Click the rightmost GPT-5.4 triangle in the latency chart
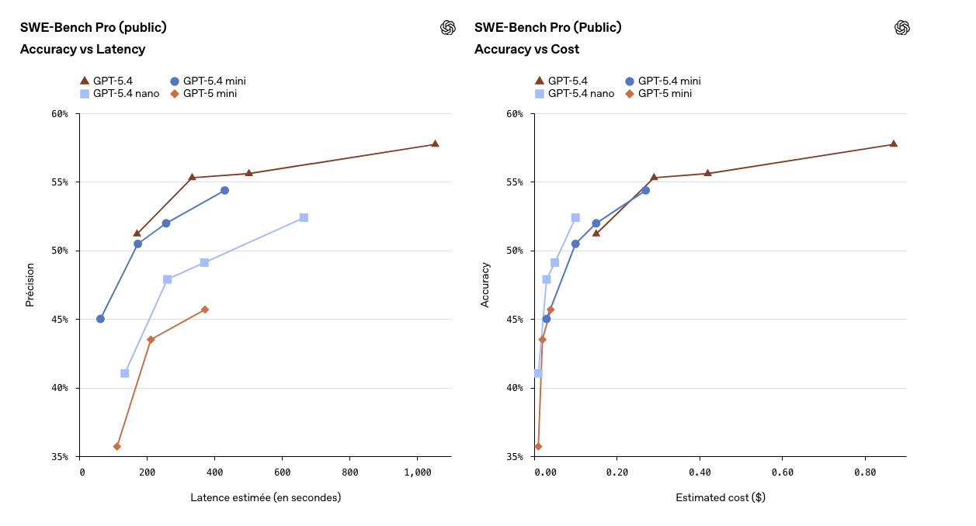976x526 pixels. (435, 144)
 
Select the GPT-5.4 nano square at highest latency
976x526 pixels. (304, 218)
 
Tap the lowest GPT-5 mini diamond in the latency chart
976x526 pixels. (117, 446)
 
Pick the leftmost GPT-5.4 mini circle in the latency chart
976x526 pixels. (100, 319)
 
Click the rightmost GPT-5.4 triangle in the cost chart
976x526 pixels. (893, 144)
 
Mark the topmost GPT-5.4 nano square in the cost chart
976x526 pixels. (575, 218)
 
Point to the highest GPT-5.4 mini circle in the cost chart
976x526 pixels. (645, 190)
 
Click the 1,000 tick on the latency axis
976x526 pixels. (418, 472)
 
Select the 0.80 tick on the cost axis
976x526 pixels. (865, 472)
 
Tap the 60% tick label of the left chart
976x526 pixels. (60, 114)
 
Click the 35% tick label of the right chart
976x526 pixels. (515, 457)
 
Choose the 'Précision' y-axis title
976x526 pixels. (30, 285)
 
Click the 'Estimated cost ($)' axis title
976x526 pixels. (720, 497)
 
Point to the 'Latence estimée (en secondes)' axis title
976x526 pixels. (266, 497)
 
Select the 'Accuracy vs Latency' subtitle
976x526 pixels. (82, 50)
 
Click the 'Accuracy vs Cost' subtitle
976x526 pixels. (526, 50)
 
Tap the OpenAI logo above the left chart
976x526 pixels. (447, 28)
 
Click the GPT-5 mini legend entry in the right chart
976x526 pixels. (658, 94)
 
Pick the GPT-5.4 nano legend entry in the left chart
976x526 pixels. (120, 94)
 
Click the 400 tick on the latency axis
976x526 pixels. (216, 472)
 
